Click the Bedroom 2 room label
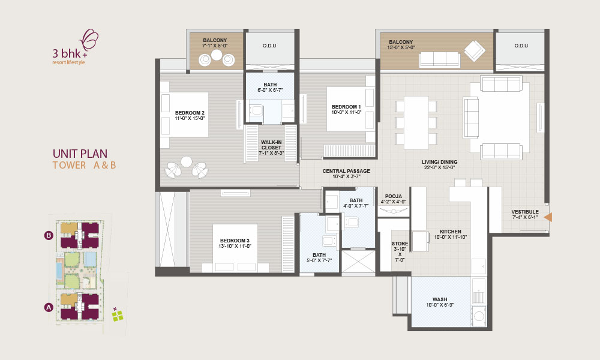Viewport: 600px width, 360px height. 190,113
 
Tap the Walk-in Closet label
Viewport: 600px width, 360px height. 271,145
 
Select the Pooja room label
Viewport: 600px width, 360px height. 394,196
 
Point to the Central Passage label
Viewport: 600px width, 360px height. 346,171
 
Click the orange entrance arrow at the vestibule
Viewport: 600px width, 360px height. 548,217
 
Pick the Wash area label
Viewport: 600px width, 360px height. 440,299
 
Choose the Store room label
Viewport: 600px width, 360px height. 400,244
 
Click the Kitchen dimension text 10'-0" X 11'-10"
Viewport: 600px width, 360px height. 451,237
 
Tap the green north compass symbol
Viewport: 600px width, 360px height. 118,316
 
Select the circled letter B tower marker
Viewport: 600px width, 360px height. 49,235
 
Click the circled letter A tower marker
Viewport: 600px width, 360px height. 49,307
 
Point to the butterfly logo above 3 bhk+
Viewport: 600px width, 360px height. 89,39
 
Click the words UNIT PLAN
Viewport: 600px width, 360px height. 80,154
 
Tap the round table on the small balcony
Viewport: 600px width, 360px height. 217,55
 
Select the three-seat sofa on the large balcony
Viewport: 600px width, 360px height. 439,59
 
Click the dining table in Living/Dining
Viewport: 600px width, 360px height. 416,123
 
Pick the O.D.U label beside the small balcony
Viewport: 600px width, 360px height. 269,46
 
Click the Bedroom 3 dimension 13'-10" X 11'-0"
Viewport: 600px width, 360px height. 235,246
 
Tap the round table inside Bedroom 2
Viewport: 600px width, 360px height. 187,162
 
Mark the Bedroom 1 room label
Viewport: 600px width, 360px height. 346,107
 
